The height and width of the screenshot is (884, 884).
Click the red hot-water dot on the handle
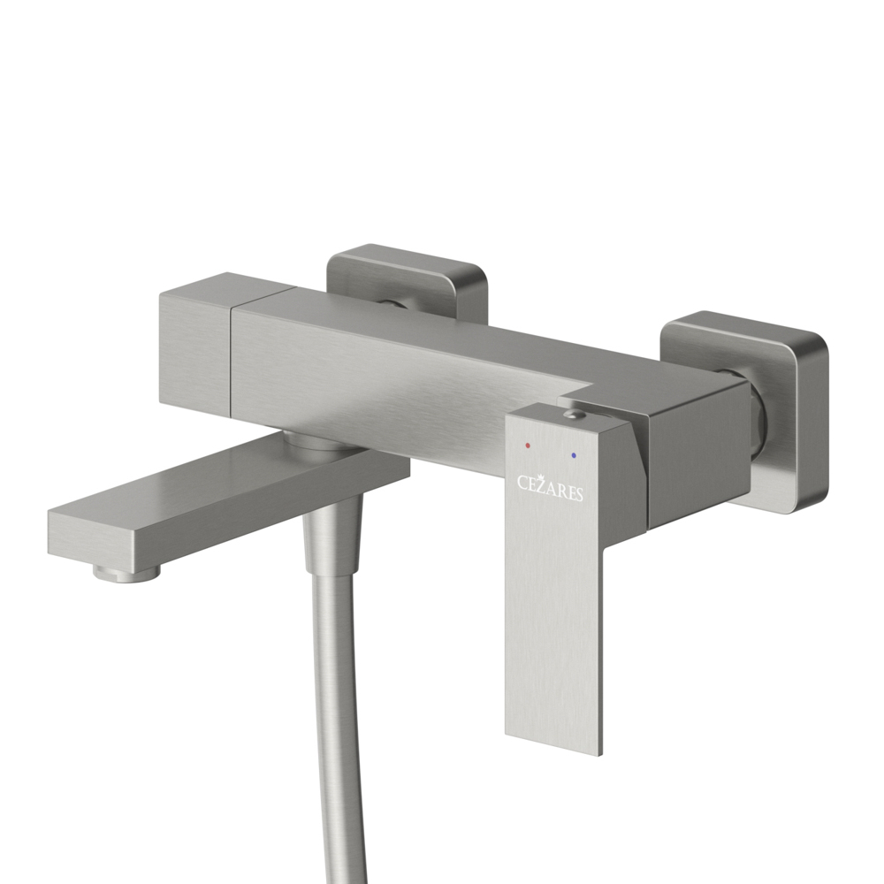point(527,445)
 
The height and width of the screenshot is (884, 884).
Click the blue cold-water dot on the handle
point(574,453)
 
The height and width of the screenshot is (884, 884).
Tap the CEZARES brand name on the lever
point(551,488)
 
